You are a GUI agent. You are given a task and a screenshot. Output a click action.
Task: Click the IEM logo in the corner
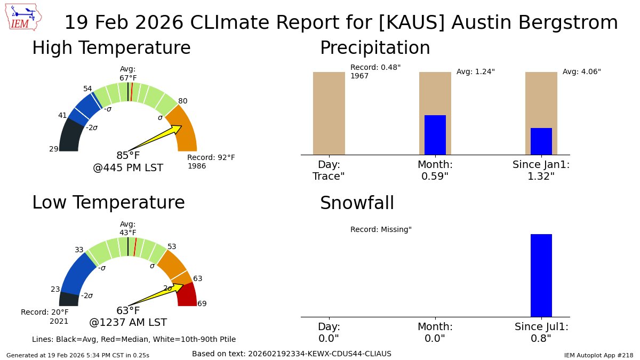tap(24, 17)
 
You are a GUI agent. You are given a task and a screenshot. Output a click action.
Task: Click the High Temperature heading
tap(111, 48)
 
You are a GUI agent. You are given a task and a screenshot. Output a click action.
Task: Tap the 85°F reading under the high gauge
tap(128, 156)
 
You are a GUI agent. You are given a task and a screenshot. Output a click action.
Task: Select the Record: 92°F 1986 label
tap(211, 162)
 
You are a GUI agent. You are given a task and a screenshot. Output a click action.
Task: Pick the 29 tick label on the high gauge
tap(54, 149)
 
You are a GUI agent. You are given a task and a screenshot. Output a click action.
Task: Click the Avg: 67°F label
tap(128, 74)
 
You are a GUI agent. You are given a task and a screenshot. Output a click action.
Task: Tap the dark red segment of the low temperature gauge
tap(188, 295)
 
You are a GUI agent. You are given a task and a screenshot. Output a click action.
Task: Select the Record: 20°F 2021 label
tap(45, 316)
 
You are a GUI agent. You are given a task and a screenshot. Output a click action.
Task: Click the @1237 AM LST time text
tap(128, 323)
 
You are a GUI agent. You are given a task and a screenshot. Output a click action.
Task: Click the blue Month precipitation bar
tap(435, 135)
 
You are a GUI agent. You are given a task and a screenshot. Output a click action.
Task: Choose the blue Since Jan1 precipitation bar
tap(541, 141)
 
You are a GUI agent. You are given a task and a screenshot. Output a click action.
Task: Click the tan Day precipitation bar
tap(329, 113)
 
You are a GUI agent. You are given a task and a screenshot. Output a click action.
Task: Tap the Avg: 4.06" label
tap(581, 72)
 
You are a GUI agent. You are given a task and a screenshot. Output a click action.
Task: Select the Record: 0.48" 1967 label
tap(375, 71)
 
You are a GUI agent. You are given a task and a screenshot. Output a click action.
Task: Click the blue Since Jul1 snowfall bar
tap(541, 275)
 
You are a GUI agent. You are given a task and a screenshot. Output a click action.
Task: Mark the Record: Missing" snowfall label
tap(381, 230)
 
